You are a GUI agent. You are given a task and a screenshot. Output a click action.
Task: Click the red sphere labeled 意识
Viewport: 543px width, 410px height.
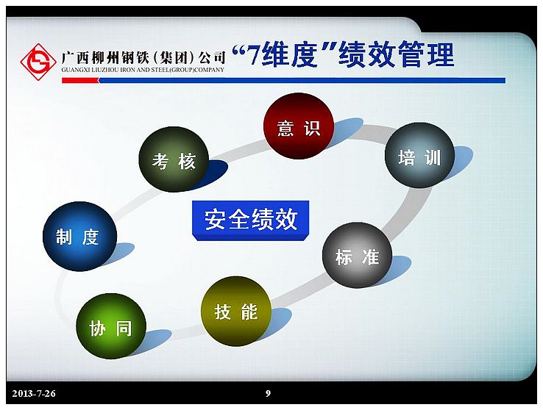pyautogui.click(x=299, y=126)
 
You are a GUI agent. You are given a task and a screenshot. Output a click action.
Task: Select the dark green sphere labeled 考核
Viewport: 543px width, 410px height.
pyautogui.click(x=174, y=159)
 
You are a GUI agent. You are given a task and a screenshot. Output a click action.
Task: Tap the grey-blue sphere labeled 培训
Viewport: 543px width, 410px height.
pyautogui.click(x=419, y=156)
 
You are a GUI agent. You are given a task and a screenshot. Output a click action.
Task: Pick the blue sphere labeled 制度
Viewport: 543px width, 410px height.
pyautogui.click(x=79, y=237)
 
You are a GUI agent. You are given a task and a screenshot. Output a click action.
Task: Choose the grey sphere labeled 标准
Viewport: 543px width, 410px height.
pyautogui.click(x=357, y=255)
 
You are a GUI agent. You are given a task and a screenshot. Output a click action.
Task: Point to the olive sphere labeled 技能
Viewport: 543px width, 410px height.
pyautogui.click(x=236, y=311)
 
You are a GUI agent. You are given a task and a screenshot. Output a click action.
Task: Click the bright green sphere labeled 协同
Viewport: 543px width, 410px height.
pyautogui.click(x=111, y=326)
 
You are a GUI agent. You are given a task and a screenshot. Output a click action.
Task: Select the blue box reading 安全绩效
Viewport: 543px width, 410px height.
pyautogui.click(x=251, y=220)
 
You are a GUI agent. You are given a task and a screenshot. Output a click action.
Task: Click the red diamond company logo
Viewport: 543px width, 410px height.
pyautogui.click(x=38, y=62)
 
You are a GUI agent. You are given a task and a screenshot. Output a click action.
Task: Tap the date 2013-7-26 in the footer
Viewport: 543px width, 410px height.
pyautogui.click(x=34, y=393)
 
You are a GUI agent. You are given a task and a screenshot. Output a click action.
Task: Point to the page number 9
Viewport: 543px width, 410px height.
pyautogui.click(x=268, y=393)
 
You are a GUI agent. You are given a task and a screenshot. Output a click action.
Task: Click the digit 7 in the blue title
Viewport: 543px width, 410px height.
pyautogui.click(x=253, y=56)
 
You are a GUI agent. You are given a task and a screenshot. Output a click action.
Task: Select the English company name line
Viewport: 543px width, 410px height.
pyautogui.click(x=143, y=70)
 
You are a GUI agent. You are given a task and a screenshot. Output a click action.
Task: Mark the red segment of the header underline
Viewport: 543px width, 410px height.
pyautogui.click(x=80, y=81)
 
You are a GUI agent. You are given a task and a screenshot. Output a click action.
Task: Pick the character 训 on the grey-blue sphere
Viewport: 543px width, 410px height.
pyautogui.click(x=433, y=158)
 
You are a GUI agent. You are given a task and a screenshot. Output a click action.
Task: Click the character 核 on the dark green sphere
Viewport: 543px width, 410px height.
pyautogui.click(x=188, y=162)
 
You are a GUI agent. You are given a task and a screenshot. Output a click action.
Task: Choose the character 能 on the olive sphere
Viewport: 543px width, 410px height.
pyautogui.click(x=249, y=312)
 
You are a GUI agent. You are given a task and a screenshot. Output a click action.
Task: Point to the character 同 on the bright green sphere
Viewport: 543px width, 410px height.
pyautogui.click(x=124, y=328)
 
